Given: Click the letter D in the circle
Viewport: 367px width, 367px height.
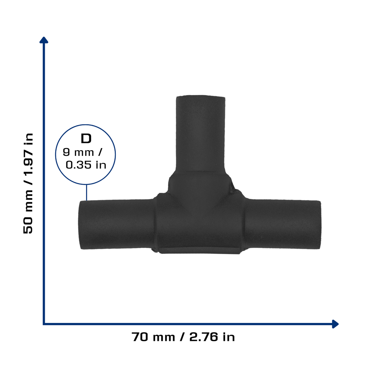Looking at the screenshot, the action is pos(86,139).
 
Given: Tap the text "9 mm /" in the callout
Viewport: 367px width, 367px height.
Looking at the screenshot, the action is pos(83,152).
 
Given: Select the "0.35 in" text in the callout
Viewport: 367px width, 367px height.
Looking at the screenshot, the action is pos(86,165).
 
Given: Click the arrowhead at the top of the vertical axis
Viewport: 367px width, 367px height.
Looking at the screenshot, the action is pos(44,40).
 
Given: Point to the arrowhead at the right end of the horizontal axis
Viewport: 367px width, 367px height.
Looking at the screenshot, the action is pos(335,324).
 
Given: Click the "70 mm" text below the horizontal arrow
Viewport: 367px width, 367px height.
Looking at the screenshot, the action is pos(153,337).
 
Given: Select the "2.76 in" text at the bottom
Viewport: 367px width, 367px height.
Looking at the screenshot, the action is pos(212,337).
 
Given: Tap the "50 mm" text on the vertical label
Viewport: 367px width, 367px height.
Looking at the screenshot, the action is pos(28,212).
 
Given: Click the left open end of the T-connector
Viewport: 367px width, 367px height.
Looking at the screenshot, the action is pos(80,225).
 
